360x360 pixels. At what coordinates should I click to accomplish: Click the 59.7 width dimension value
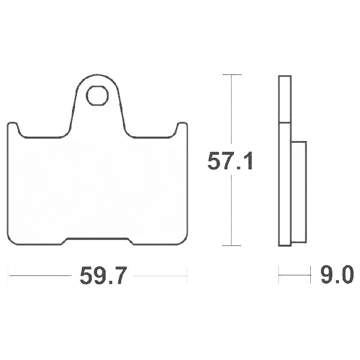point(103,275)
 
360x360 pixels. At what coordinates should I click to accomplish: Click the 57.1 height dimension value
point(230,161)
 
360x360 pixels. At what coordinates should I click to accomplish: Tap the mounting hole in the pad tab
point(97,96)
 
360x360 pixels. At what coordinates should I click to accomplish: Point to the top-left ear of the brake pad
point(13,126)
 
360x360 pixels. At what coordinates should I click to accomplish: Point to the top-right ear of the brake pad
point(182,126)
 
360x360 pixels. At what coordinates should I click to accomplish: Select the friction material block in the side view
point(299,192)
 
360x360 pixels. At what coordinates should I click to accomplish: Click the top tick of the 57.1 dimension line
point(232,74)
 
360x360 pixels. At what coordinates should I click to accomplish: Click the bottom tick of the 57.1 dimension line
point(232,245)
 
